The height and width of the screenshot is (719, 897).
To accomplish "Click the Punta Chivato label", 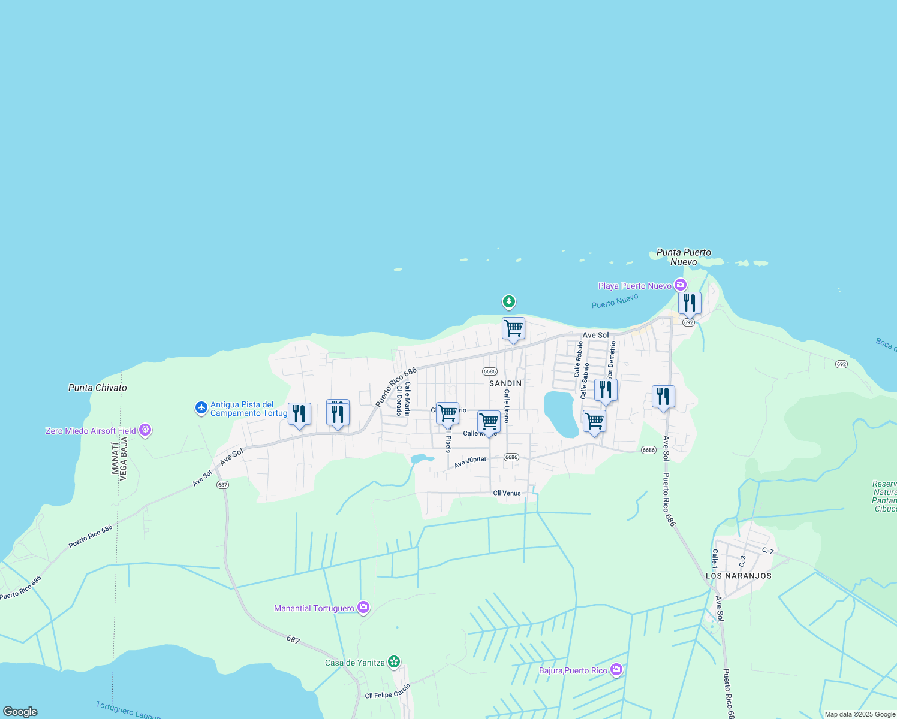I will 98,388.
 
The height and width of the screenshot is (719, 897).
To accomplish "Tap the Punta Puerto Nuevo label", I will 684,257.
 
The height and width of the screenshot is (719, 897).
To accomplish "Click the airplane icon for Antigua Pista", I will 201,408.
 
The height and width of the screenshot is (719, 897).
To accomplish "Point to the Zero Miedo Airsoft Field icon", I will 145,430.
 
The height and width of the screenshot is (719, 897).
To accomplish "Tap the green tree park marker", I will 509,301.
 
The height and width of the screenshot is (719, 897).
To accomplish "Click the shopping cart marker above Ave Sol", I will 513,329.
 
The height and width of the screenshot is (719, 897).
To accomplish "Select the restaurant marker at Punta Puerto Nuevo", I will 690,304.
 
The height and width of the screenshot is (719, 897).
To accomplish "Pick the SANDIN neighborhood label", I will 505,383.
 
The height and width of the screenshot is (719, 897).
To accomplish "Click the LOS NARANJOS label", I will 739,576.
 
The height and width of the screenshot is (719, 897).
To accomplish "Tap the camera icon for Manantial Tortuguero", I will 363,608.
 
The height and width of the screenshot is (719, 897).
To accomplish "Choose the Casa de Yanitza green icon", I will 393,662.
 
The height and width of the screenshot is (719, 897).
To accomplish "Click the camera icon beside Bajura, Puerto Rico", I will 616,670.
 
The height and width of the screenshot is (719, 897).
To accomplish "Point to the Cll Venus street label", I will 507,493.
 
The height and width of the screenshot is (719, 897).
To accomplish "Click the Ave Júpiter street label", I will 471,462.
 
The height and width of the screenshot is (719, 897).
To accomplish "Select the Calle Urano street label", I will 507,406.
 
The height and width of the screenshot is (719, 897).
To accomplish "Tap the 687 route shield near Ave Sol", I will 222,485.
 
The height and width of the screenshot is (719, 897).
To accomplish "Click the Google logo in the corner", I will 20,712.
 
